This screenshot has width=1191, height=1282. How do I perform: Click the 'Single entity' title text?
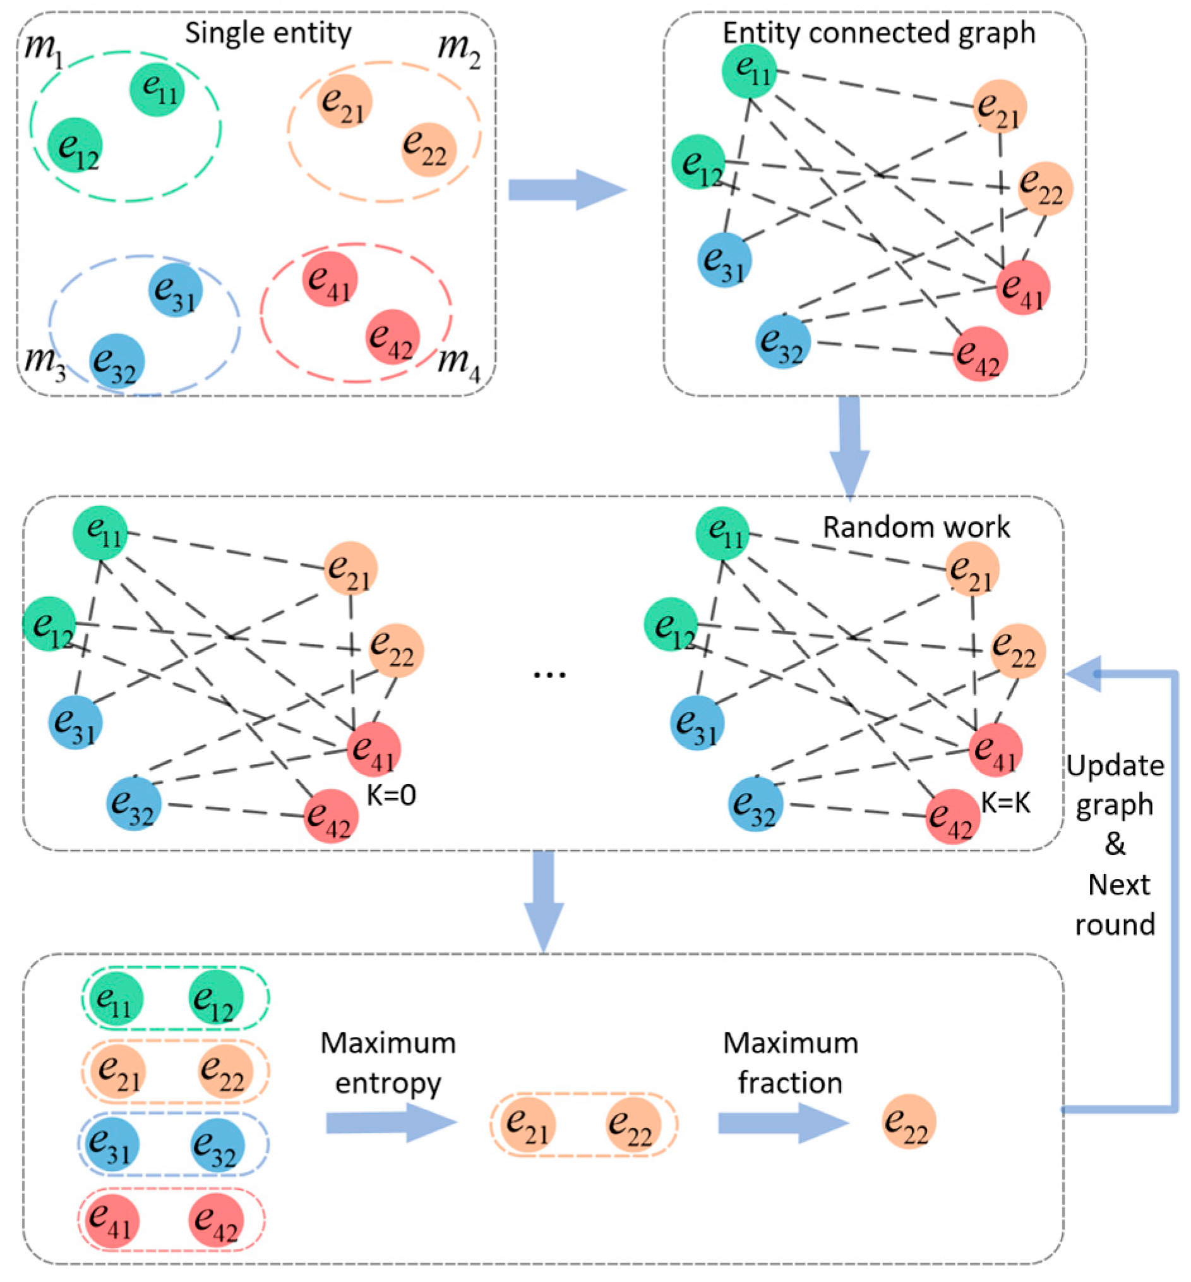click(268, 33)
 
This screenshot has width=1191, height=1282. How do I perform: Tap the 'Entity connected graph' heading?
click(878, 33)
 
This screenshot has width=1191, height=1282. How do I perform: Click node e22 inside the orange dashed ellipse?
click(429, 150)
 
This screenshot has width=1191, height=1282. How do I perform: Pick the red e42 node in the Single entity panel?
click(393, 337)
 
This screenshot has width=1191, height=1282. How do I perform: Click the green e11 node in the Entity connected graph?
click(749, 71)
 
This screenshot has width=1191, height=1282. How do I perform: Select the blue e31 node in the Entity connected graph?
click(724, 260)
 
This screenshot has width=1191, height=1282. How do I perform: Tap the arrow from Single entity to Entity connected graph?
click(567, 190)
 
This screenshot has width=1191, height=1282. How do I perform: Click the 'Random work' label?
click(916, 528)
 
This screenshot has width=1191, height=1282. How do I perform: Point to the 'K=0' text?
click(391, 795)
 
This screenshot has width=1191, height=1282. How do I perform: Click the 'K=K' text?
click(1005, 804)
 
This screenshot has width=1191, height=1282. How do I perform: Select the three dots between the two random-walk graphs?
click(550, 675)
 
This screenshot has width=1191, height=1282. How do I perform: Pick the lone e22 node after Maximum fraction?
click(909, 1121)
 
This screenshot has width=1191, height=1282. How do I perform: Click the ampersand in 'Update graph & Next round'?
click(1115, 845)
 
